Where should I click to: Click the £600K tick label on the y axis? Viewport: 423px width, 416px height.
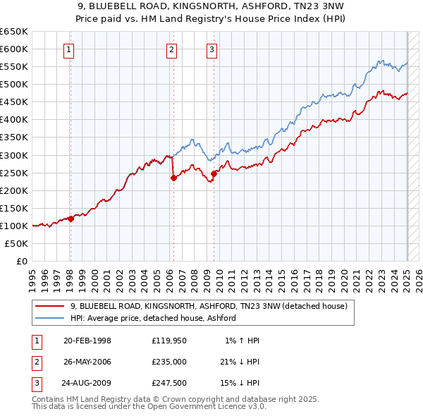pyautogui.click(x=14, y=49)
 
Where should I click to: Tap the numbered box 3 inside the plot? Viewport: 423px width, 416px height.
pyautogui.click(x=212, y=49)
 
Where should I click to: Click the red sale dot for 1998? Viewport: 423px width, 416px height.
pyautogui.click(x=70, y=219)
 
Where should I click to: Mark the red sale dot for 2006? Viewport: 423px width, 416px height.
pyautogui.click(x=173, y=178)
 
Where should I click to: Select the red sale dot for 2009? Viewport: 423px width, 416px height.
pyautogui.click(x=214, y=173)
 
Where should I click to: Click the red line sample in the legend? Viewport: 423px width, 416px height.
pyautogui.click(x=49, y=307)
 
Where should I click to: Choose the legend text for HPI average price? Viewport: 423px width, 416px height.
pyautogui.click(x=152, y=319)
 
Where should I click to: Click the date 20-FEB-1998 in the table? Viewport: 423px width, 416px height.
pyautogui.click(x=87, y=341)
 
